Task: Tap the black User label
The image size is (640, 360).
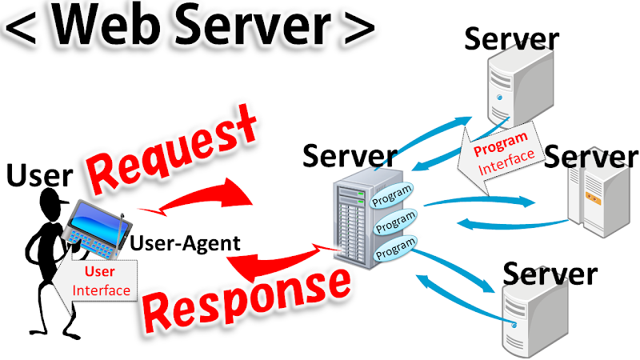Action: tap(39, 175)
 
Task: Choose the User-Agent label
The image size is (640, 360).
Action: tap(184, 242)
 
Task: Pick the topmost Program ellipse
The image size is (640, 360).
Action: tap(393, 194)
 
